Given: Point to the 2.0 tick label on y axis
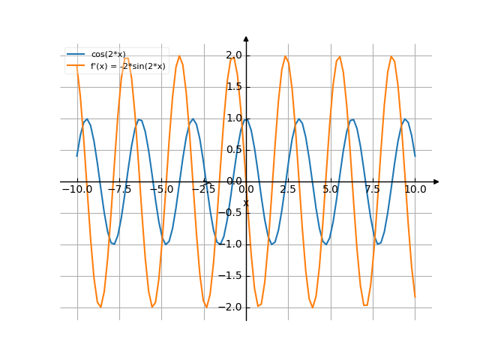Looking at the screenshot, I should (x=233, y=55).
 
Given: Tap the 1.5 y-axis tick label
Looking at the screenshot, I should (x=233, y=87).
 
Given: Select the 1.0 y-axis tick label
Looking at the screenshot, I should (x=233, y=118).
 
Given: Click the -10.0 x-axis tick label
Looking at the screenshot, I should (x=77, y=190).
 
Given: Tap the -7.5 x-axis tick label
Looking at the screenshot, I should (x=119, y=190).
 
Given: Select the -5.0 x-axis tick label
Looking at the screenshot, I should (x=161, y=190).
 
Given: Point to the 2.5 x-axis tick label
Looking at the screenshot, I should (x=288, y=190).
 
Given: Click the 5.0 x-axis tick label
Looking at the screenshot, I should (x=331, y=190).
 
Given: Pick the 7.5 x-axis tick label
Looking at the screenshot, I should (x=373, y=190).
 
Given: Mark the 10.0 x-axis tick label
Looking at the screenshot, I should (x=415, y=190).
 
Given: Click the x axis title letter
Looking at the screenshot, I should (x=245, y=202).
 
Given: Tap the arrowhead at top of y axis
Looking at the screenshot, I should (x=246, y=38).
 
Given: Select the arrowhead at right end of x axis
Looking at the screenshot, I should (x=436, y=181).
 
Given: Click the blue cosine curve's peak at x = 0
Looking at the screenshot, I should (x=246, y=119).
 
